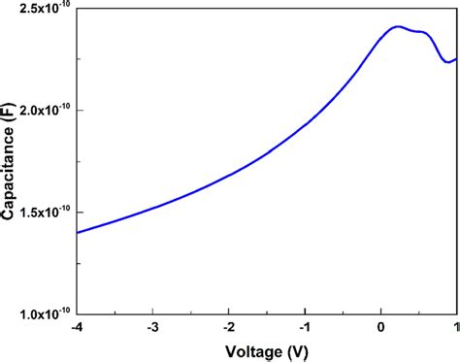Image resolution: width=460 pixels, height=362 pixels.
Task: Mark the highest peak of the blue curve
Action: click(397, 26)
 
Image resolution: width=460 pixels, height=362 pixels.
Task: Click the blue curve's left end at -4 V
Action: click(78, 233)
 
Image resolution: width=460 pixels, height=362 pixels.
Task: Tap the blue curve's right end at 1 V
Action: click(455, 58)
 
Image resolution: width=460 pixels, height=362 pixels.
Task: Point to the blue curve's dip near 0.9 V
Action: click(447, 62)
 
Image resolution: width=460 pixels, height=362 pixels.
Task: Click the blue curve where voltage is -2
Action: click(230, 176)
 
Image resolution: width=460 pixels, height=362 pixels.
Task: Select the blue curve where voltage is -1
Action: click(305, 125)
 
